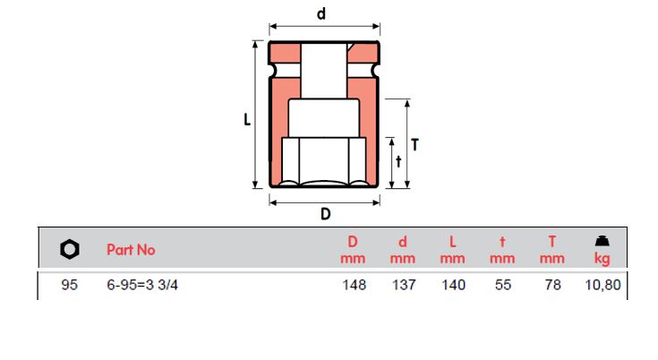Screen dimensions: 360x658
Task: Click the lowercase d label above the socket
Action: point(321,13)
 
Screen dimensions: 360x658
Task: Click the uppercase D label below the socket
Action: point(326,214)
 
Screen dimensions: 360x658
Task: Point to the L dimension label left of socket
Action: point(247,120)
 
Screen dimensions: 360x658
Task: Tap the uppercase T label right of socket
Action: point(414,143)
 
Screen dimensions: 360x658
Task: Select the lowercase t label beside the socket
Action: point(398,161)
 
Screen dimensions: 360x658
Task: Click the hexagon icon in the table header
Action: point(70,250)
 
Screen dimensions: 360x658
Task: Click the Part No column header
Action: point(131,250)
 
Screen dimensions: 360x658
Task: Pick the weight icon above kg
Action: point(602,240)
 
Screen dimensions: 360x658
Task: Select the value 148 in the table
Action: point(353,286)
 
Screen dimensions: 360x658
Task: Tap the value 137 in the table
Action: point(403,286)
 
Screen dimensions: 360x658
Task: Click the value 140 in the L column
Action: point(453,286)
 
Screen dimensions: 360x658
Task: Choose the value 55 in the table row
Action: point(503,286)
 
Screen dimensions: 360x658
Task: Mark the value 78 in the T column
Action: point(553,286)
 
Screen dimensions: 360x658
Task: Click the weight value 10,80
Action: point(602,286)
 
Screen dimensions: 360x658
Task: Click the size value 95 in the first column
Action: point(70,286)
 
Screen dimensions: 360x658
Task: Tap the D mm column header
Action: point(353,250)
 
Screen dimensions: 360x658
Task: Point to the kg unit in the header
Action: point(602,259)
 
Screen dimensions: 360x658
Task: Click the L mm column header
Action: point(453,250)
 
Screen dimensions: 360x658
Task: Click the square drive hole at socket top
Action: point(325,67)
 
